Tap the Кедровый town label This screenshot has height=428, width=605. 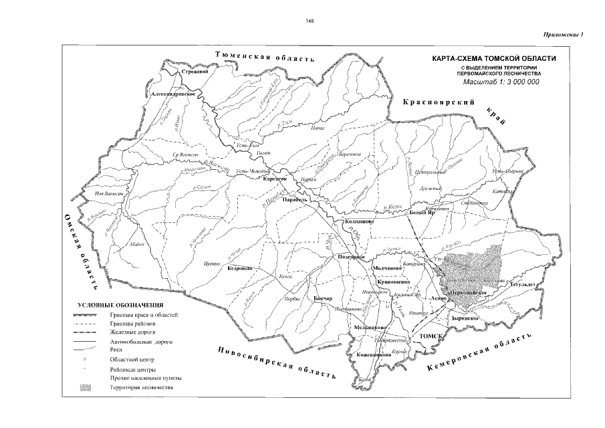(239, 269)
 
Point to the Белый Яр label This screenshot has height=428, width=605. (422, 212)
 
